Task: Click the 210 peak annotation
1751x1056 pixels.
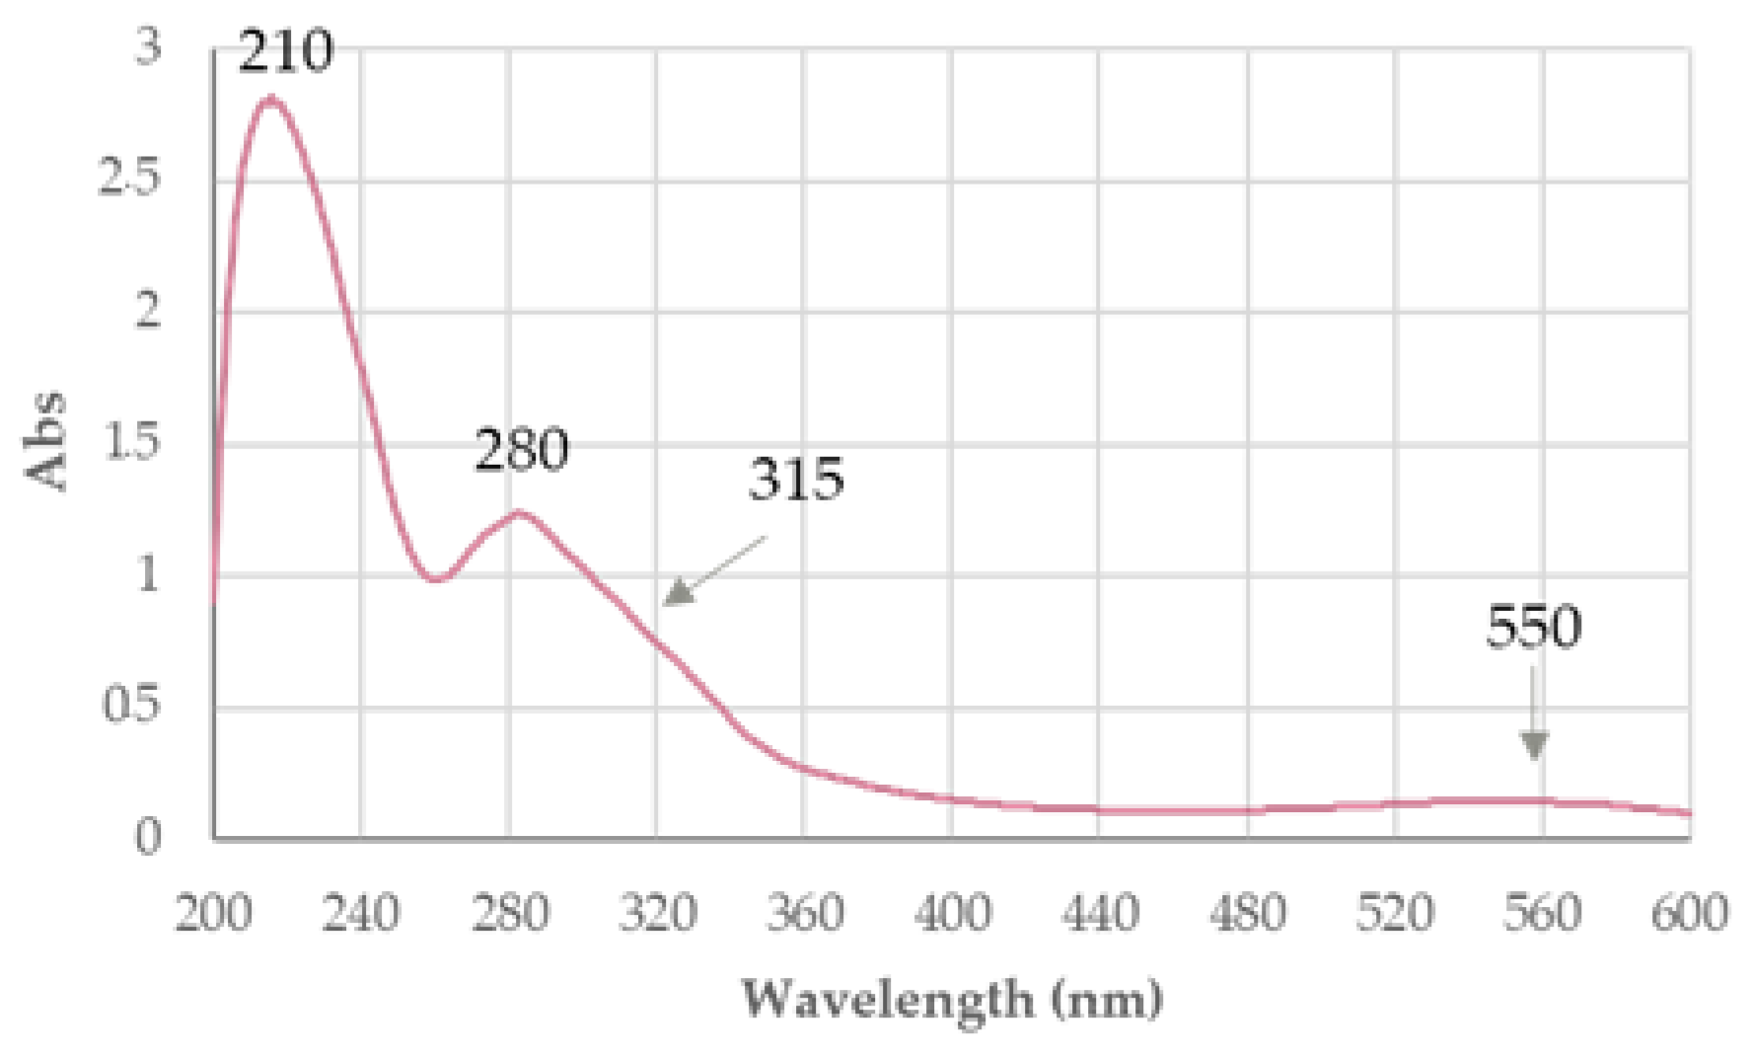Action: pos(286,51)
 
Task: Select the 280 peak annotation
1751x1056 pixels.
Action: pos(522,450)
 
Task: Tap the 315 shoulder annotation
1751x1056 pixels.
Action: pos(796,480)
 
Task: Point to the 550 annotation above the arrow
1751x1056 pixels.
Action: pos(1533,627)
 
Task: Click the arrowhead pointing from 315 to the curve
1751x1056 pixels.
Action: pos(677,592)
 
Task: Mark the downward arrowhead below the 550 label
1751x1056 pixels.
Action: pos(1534,745)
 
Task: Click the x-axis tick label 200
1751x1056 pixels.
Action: pos(213,913)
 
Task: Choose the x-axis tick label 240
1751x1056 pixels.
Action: pos(361,913)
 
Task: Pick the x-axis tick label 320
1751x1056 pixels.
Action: pos(657,913)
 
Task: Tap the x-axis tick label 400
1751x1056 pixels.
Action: pos(952,913)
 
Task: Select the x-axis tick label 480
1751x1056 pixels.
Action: pos(1248,913)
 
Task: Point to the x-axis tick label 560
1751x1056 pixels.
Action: pos(1543,913)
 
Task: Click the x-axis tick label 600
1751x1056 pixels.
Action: pos(1689,913)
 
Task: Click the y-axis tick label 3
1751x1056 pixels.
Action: pos(148,46)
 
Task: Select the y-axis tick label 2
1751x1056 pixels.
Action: pos(148,311)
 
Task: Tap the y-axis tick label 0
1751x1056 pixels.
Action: pos(148,837)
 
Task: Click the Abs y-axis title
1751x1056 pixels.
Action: pos(45,441)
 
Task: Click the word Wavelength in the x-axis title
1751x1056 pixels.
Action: pos(888,999)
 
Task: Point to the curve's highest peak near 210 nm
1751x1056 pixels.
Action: pos(269,98)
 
